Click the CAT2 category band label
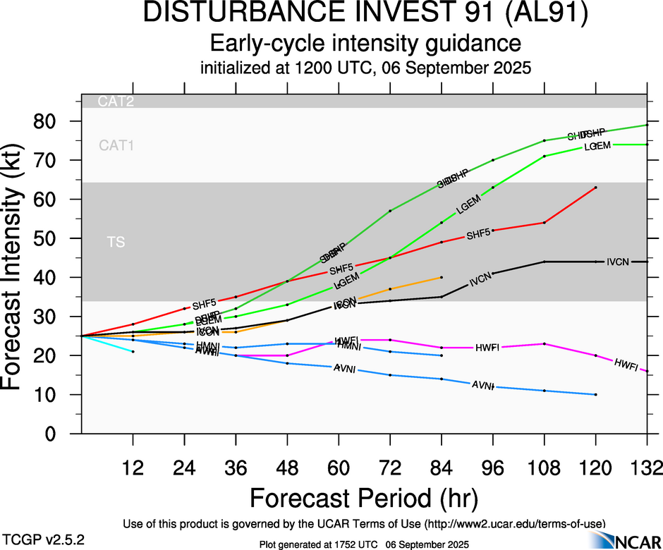116,102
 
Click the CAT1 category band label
116,146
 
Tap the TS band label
116,243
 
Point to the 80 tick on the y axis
53,121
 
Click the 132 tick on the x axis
647,468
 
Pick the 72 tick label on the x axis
390,468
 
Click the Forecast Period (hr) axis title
364,498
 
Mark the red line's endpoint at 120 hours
596,188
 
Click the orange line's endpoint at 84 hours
442,277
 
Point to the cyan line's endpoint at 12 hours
133,351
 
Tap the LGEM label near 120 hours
597,147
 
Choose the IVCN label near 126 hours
619,262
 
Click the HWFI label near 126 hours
626,365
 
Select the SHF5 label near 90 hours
478,234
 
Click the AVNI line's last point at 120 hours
596,394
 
